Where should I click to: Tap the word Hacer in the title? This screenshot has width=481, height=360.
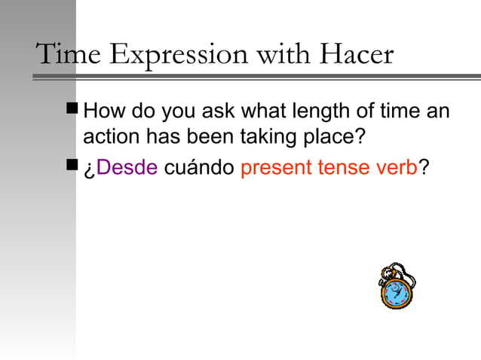pos(356,54)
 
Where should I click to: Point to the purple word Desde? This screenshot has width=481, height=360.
pos(127,167)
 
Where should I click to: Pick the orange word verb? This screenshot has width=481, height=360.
pos(398,167)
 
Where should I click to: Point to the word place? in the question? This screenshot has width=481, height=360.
pos(332,139)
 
